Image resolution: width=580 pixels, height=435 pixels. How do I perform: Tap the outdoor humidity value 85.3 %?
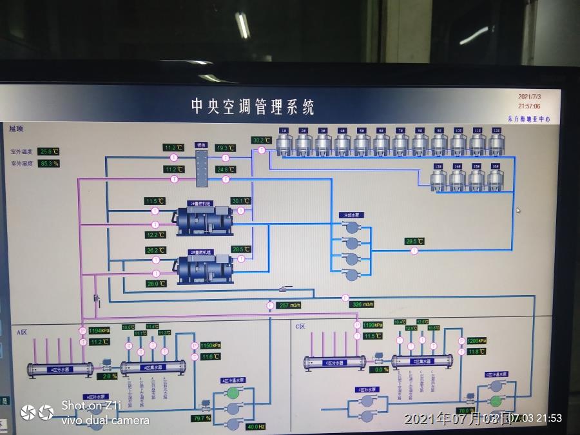[x=48, y=164]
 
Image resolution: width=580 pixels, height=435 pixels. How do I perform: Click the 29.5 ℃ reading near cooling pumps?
[x=414, y=242]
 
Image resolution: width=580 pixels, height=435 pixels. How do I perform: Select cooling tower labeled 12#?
[x=496, y=144]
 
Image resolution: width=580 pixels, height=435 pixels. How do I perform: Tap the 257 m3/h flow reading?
[x=287, y=305]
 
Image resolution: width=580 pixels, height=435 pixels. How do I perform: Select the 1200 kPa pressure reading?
[x=477, y=340]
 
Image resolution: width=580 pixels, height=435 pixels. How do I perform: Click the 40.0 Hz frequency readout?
[x=256, y=426]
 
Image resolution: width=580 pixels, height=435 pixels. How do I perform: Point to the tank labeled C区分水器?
[x=335, y=363]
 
